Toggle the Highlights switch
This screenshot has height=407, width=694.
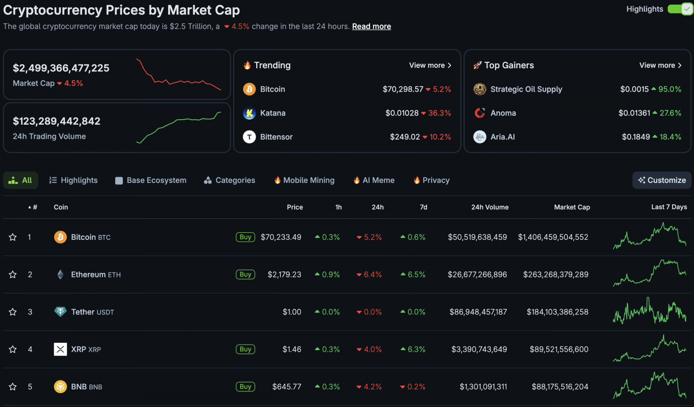pos(680,9)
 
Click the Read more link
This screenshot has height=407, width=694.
pos(371,27)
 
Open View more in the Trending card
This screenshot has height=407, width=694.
pos(430,65)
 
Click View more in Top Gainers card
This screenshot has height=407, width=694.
pos(660,65)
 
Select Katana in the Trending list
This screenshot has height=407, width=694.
pos(272,113)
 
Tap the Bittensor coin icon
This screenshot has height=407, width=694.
pos(249,137)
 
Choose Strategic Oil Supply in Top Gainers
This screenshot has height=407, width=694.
pos(526,89)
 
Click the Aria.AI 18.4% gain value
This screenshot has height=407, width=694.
pos(670,137)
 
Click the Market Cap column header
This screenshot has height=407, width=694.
pos(572,207)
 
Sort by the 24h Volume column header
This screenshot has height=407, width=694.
pos(490,207)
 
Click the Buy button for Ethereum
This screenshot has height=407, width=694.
pos(245,275)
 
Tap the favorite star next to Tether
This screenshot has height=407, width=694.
pos(13,312)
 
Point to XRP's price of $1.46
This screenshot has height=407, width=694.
pos(291,350)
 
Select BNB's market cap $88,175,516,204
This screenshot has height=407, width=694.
pos(560,387)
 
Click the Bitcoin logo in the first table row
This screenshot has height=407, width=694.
pos(60,237)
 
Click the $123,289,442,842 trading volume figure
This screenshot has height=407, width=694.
pos(56,122)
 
